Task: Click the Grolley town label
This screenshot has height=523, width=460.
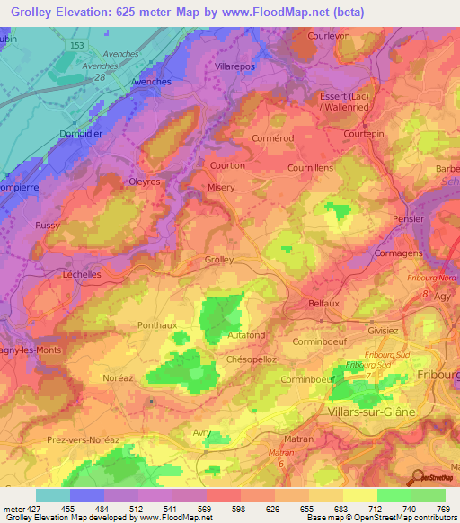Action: (x=219, y=260)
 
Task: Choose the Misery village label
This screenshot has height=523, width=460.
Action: (x=221, y=188)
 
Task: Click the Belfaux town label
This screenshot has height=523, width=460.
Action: (x=323, y=304)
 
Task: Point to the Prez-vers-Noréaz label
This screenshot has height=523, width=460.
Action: (x=82, y=439)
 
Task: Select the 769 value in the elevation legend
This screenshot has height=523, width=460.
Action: (x=443, y=509)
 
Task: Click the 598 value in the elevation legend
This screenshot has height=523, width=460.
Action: (x=239, y=509)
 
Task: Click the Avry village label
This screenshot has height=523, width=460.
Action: (x=203, y=433)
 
